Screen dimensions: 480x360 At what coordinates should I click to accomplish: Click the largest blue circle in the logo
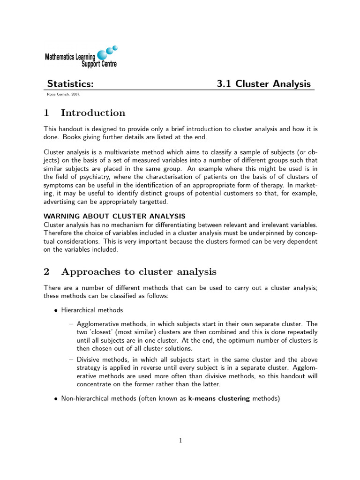click(x=102, y=55)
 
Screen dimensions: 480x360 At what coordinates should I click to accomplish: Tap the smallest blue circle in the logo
click(x=115, y=47)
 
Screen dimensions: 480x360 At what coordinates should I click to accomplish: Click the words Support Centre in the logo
click(x=99, y=64)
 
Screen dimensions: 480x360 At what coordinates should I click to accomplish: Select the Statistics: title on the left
click(x=70, y=84)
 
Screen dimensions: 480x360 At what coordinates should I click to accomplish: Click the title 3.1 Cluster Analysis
click(x=263, y=84)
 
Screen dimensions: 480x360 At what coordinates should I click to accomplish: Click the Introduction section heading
click(x=93, y=113)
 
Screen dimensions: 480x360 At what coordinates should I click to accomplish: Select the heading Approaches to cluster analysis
click(x=139, y=272)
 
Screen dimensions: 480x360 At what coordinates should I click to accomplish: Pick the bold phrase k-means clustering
click(x=219, y=398)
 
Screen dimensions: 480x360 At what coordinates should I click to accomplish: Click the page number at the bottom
click(x=180, y=440)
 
